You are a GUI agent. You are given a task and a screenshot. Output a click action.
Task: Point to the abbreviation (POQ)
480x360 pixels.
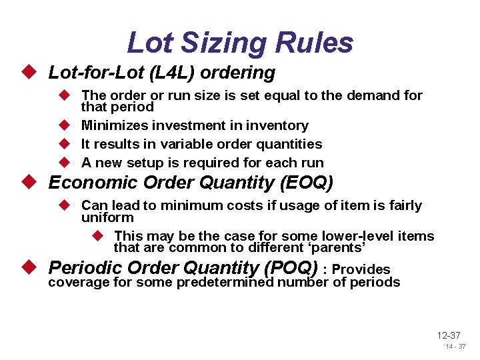[x=291, y=267]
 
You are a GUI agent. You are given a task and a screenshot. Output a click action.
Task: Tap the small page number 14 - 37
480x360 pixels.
[x=456, y=347]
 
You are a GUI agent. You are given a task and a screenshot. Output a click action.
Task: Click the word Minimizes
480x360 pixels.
[x=112, y=125]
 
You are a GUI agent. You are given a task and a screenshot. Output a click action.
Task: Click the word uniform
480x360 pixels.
[x=107, y=217]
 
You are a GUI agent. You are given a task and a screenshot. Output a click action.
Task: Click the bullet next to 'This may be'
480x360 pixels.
[x=99, y=236]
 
